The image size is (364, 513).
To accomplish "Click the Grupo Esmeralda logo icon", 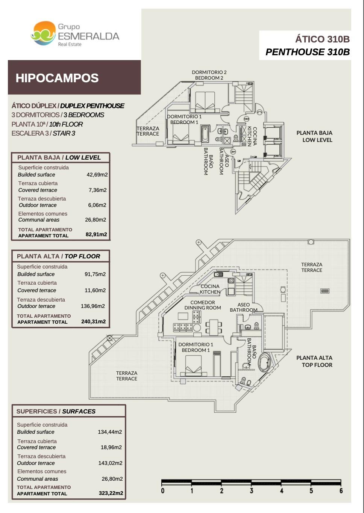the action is pos(43,33).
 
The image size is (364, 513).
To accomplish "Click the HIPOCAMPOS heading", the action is pos(57,78).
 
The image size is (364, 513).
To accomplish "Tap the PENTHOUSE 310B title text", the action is pos(308,52).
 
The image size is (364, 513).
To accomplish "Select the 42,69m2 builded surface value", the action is pos(97,175).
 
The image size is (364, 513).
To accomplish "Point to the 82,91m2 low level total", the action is pos(96,234).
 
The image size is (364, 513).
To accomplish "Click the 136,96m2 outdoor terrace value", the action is pos(93,306).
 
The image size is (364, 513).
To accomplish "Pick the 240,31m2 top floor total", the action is pos(93,321).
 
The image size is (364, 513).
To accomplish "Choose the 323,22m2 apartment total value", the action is pos(111,493).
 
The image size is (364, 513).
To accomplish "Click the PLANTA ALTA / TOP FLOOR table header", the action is pos(59,256).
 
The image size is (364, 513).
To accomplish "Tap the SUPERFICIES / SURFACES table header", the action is pos(56,411).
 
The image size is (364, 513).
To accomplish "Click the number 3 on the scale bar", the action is pos(252,490).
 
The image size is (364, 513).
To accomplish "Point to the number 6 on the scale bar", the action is pos(341,490).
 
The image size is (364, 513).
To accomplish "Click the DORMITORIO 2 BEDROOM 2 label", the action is pos(209,75).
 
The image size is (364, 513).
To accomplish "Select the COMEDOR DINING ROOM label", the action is pos(203,305).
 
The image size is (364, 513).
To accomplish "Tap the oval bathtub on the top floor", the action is pos(264,362).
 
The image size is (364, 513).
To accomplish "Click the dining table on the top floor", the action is pos(214,327).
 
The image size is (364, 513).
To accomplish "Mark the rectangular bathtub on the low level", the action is pos(205,134).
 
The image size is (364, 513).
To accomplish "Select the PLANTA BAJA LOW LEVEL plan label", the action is pos(314,136).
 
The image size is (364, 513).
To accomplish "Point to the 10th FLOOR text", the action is pos(66,124).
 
